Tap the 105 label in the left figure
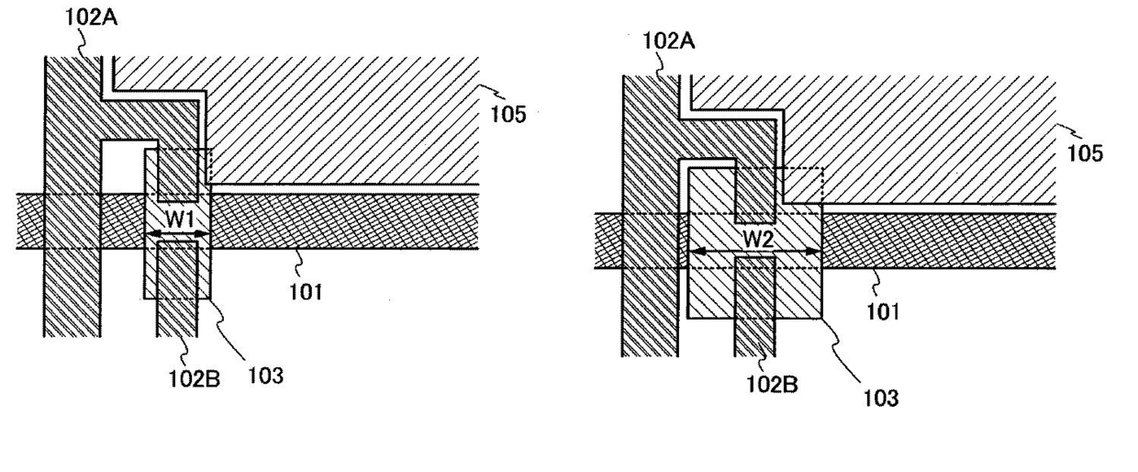pyautogui.click(x=508, y=116)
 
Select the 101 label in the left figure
pyautogui.click(x=305, y=292)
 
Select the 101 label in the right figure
pyautogui.click(x=883, y=311)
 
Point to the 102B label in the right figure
pyautogui.click(x=770, y=385)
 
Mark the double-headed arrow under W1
pyautogui.click(x=177, y=236)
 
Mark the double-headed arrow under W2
pyautogui.click(x=754, y=252)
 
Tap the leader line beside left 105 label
pyautogui.click(x=496, y=93)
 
